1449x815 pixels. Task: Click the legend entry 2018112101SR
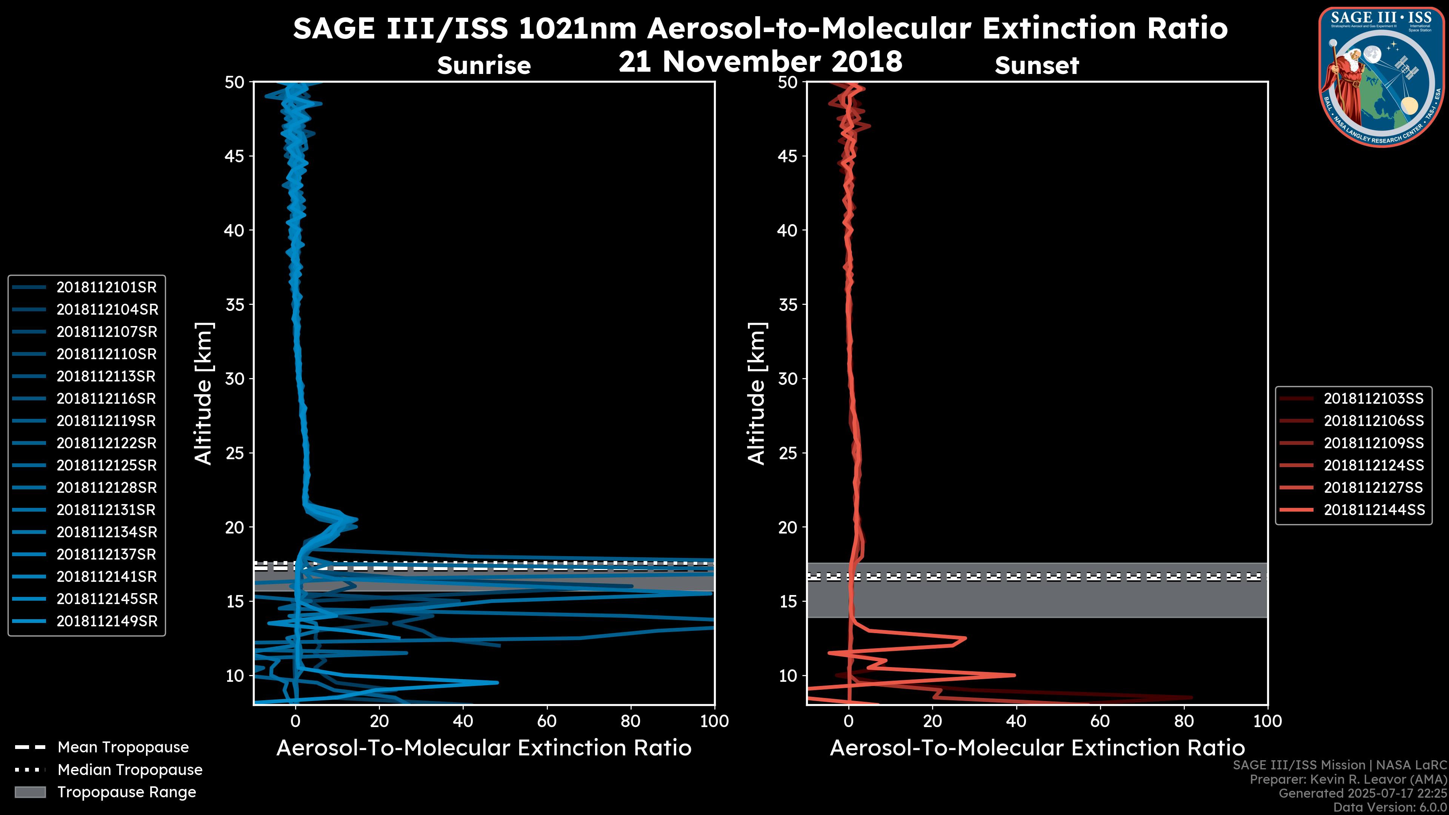[106, 288]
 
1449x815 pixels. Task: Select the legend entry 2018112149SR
[106, 621]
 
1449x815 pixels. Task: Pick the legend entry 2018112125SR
[106, 466]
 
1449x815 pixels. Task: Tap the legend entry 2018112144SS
[1374, 510]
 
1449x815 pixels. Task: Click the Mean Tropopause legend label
[123, 747]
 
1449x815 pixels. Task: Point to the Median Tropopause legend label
[130, 770]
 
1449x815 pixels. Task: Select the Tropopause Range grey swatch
[30, 792]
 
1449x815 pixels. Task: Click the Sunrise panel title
[484, 66]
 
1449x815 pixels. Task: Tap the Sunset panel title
[1037, 66]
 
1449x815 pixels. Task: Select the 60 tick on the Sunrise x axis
[547, 721]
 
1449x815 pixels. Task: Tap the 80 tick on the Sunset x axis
[1184, 721]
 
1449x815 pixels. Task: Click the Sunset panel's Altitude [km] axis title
[757, 394]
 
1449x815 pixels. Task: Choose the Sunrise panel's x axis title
[484, 748]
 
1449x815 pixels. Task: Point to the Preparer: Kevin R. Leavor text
[1348, 780]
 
